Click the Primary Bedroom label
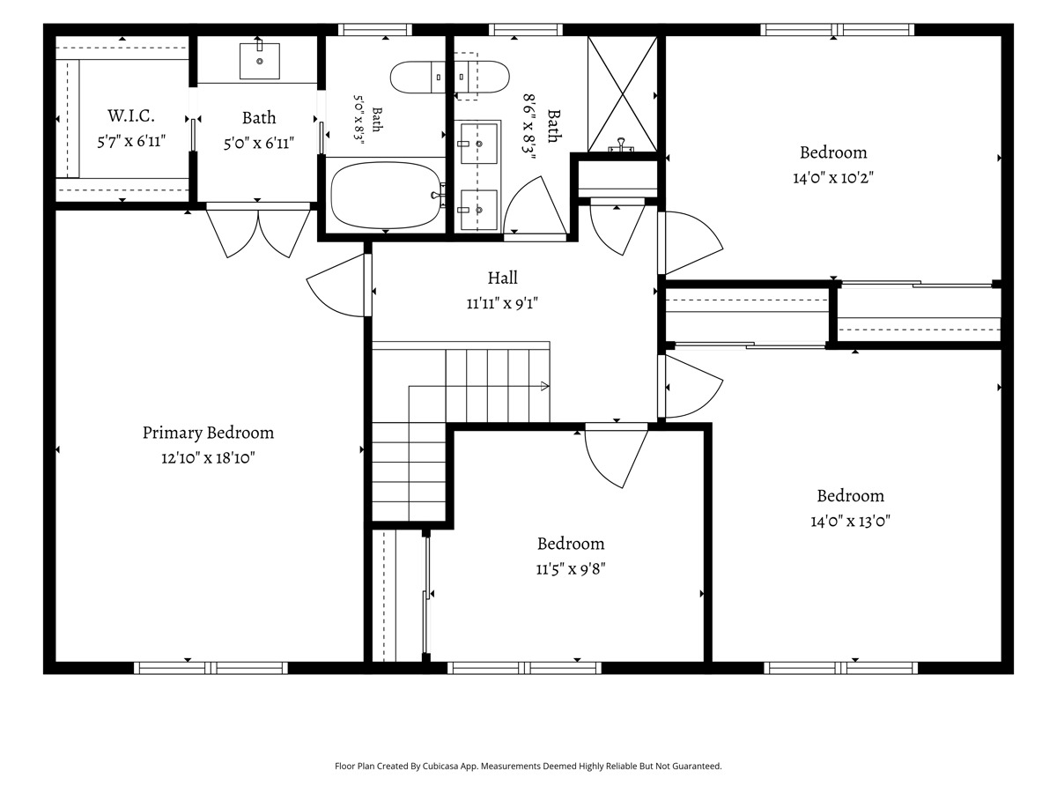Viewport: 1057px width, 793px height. pos(208,433)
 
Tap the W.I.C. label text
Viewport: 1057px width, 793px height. pos(131,116)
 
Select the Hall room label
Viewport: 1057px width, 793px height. pos(502,278)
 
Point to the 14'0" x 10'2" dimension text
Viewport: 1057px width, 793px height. pos(833,178)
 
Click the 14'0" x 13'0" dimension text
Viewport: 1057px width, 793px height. pos(850,521)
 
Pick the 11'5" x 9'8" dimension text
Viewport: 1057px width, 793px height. pos(571,569)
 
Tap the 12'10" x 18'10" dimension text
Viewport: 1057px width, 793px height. pos(208,457)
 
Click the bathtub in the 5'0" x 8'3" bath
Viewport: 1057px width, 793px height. pos(388,195)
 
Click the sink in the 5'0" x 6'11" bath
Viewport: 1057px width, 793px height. pos(260,61)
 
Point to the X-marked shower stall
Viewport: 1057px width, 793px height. pos(622,94)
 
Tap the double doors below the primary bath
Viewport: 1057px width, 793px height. pos(258,232)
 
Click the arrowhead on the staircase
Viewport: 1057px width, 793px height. pos(544,386)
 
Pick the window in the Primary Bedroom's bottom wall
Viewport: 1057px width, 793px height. pos(211,668)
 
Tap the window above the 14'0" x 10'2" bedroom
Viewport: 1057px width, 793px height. pos(838,30)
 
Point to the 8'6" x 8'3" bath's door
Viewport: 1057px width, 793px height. pos(535,208)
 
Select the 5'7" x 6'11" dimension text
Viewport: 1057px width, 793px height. pos(131,142)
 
